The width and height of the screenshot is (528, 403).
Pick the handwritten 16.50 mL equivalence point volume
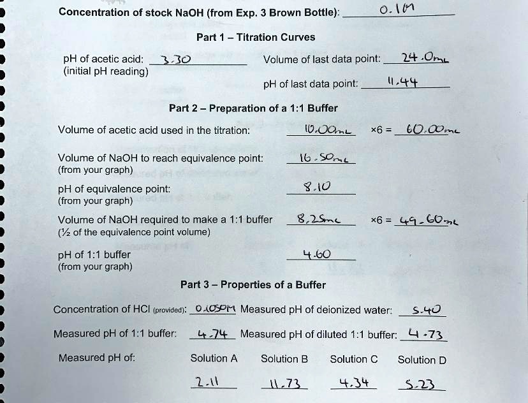tap(322, 158)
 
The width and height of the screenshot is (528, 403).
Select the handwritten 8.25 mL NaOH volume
tap(319, 219)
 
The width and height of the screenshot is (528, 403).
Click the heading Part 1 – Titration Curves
tap(256, 37)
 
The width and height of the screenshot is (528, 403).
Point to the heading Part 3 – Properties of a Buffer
tap(253, 284)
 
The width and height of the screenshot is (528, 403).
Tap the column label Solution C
tap(354, 359)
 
